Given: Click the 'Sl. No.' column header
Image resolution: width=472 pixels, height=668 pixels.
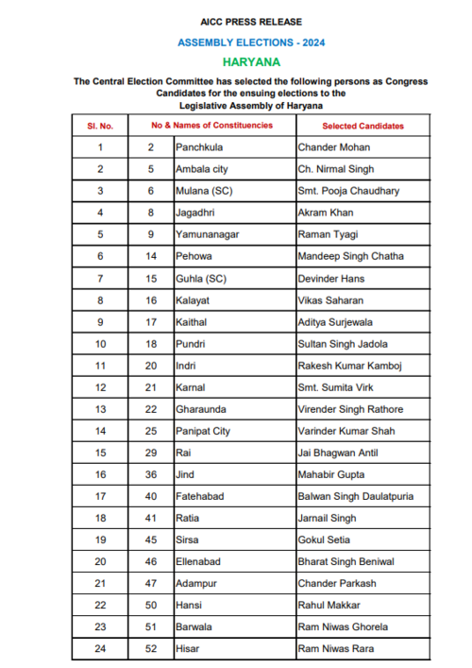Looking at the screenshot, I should click(x=100, y=126).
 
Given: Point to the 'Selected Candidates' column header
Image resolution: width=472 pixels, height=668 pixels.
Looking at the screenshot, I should click(x=362, y=126).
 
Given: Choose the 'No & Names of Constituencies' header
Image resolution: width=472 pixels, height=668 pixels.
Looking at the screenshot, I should click(x=212, y=126).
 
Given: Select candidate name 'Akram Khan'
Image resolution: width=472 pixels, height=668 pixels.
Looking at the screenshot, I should click(x=325, y=213).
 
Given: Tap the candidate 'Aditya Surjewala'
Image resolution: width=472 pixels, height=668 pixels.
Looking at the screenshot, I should click(x=336, y=322).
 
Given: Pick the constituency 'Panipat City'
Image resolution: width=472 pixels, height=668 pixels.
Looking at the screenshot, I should click(x=203, y=431).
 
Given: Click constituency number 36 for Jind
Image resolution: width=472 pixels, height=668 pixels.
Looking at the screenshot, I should click(x=150, y=474).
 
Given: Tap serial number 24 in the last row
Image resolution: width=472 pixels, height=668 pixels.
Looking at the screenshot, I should click(x=100, y=648).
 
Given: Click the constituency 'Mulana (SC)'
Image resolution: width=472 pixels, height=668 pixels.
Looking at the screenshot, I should click(x=203, y=191).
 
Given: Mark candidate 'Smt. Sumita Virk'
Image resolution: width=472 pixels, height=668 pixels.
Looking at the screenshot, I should click(x=335, y=387).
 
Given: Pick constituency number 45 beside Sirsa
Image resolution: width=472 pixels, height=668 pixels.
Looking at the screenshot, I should click(x=150, y=540).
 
